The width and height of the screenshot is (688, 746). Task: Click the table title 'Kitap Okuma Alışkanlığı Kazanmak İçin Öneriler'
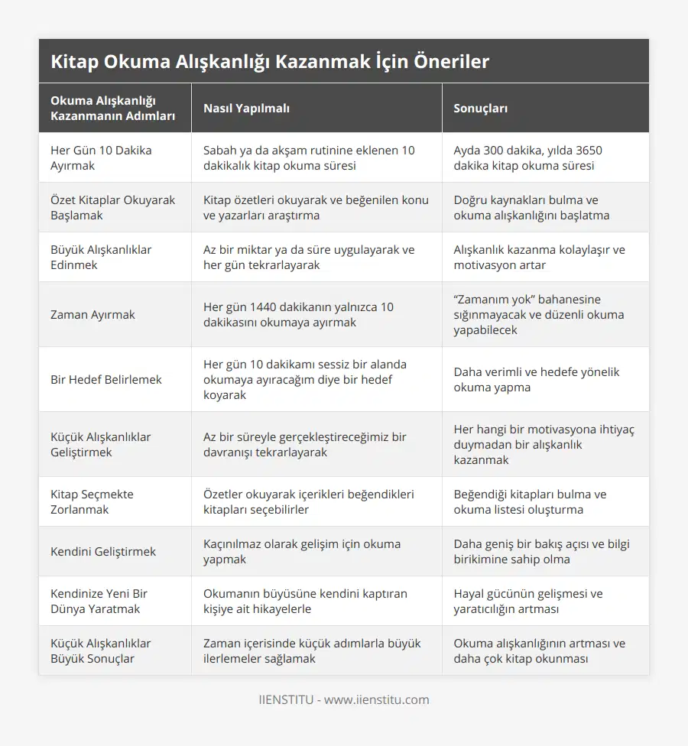tap(270, 62)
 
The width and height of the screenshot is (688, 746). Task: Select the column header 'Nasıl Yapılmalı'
tap(246, 109)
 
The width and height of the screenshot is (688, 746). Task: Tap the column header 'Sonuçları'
tap(481, 109)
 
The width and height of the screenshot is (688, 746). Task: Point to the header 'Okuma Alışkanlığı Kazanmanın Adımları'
tap(112, 109)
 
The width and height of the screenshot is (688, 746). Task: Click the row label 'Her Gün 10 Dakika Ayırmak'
tap(101, 158)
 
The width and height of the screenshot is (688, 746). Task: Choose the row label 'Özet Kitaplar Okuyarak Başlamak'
tap(112, 208)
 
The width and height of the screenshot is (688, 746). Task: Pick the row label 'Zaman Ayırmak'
tap(92, 315)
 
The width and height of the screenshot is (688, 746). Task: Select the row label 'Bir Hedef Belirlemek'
tap(106, 380)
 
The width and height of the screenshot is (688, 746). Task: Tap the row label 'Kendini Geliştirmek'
tap(103, 552)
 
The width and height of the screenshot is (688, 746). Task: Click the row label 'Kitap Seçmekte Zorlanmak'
tap(92, 502)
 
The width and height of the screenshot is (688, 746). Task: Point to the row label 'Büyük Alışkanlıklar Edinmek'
tap(101, 258)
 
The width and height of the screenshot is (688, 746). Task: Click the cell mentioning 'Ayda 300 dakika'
tap(527, 158)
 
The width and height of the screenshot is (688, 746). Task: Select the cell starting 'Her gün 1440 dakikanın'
tap(298, 315)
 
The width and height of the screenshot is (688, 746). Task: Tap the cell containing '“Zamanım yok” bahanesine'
tap(539, 315)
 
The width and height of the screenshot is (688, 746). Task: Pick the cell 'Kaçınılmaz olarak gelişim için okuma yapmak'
tap(302, 552)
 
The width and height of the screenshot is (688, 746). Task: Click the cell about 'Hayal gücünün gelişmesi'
tap(528, 602)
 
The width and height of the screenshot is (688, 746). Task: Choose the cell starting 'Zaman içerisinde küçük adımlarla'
tap(312, 651)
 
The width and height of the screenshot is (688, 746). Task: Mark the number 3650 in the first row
tap(587, 151)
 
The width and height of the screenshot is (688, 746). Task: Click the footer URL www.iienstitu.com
tap(377, 700)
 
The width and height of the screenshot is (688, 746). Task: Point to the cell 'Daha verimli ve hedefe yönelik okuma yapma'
tap(537, 380)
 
